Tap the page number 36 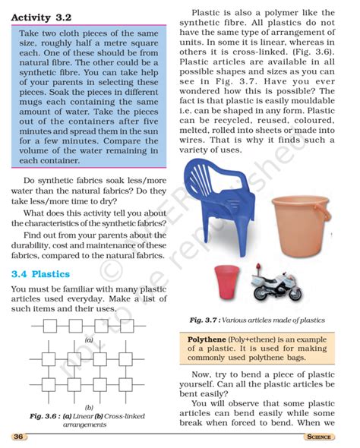click(x=19, y=437)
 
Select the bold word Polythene click(x=208, y=338)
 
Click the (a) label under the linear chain click(x=89, y=340)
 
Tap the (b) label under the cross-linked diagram click(x=89, y=407)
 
